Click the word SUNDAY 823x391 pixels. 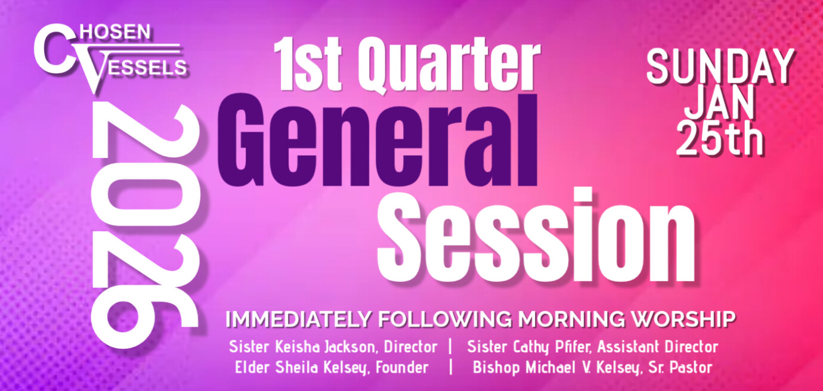coord(720,67)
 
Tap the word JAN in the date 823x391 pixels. coord(719,105)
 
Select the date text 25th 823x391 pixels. coord(720,140)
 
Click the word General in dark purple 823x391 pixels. coord(378,141)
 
